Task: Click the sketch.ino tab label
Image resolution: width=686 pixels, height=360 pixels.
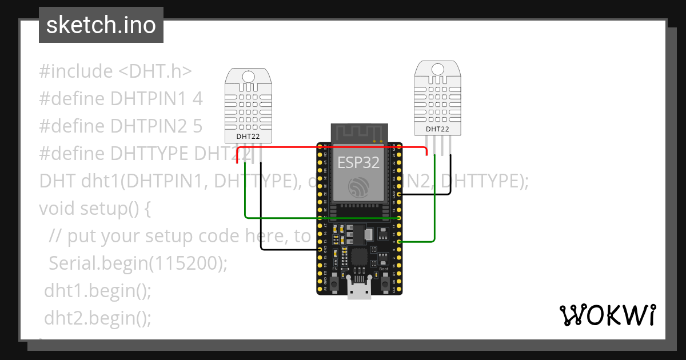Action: tap(101, 25)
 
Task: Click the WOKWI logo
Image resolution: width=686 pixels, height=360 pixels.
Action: tap(607, 315)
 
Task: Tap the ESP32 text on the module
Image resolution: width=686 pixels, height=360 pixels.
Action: tap(358, 162)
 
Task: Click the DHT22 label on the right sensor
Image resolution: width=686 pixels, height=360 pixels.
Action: tap(437, 129)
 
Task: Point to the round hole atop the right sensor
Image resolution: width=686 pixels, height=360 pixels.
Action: tap(437, 69)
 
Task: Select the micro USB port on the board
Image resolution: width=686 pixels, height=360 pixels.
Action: tap(359, 288)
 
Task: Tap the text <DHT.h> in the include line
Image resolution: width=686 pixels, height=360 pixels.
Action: tap(155, 71)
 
